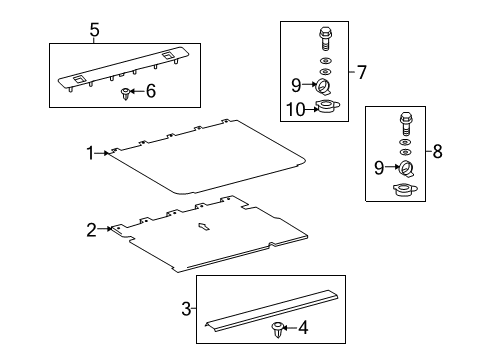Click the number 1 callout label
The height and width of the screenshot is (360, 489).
pyautogui.click(x=90, y=153)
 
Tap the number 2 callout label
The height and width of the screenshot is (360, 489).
pyautogui.click(x=92, y=230)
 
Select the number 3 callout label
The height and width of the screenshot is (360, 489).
pyautogui.click(x=187, y=309)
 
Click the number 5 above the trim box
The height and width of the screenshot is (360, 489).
pyautogui.click(x=94, y=30)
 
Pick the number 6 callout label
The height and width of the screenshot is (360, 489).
pyautogui.click(x=151, y=91)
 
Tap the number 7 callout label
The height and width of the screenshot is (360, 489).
pyautogui.click(x=361, y=71)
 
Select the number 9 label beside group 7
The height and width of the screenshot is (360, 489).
pyautogui.click(x=297, y=83)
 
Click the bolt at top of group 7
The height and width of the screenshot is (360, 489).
pyautogui.click(x=324, y=39)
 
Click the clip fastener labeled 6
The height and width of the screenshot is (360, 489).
pyautogui.click(x=124, y=93)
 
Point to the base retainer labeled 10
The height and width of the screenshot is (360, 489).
pyautogui.click(x=325, y=107)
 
